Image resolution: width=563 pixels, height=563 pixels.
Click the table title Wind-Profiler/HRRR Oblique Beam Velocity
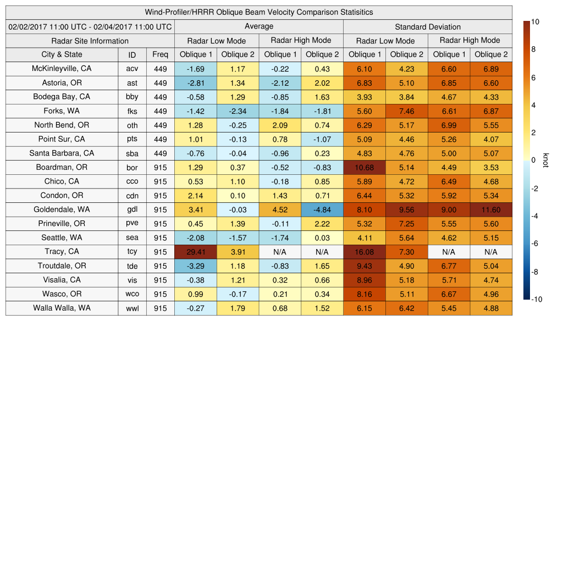coord(259,12)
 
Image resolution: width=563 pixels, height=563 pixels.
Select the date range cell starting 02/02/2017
coord(90,26)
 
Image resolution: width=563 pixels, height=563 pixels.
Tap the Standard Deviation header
coord(428,27)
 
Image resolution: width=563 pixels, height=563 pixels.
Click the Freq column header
coord(160,54)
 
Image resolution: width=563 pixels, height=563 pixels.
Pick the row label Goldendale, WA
coord(62,209)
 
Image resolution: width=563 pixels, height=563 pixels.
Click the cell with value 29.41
coord(195,252)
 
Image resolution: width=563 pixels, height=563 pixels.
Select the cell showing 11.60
coord(491,209)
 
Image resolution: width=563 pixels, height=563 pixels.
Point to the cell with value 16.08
coord(364,252)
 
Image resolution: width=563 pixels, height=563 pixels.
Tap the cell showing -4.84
coord(322,209)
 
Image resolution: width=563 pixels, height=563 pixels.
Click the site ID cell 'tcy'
coord(132,252)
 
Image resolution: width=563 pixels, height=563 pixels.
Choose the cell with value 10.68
coord(364,167)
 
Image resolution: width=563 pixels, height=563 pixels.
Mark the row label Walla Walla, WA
coord(62,308)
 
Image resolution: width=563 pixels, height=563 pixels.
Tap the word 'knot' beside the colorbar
coord(545,160)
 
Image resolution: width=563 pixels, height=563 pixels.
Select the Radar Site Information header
coord(90,41)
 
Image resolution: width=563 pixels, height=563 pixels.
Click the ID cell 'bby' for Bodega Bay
coord(132,97)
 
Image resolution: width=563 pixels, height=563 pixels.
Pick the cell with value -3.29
coord(195,266)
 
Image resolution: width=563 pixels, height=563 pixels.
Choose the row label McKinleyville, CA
coord(62,69)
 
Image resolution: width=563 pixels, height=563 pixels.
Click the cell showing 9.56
coord(406,209)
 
